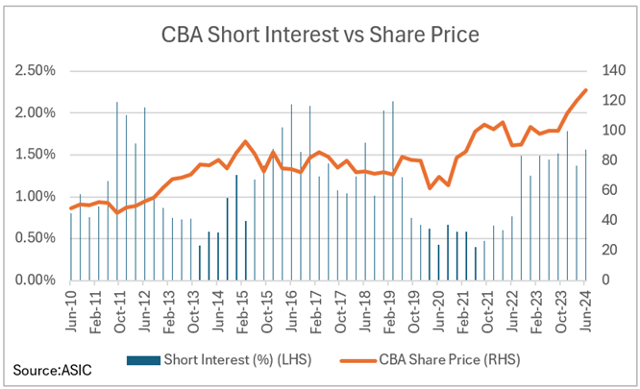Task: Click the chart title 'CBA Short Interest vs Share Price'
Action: coord(319,36)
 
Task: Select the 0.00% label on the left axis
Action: coord(34,280)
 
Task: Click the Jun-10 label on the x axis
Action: coord(73,309)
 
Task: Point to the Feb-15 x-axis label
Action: coord(244,309)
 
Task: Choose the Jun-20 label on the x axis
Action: coord(439,309)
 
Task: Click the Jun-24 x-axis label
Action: coord(586,309)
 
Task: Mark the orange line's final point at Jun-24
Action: coord(586,90)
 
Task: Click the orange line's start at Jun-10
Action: coord(71,208)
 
